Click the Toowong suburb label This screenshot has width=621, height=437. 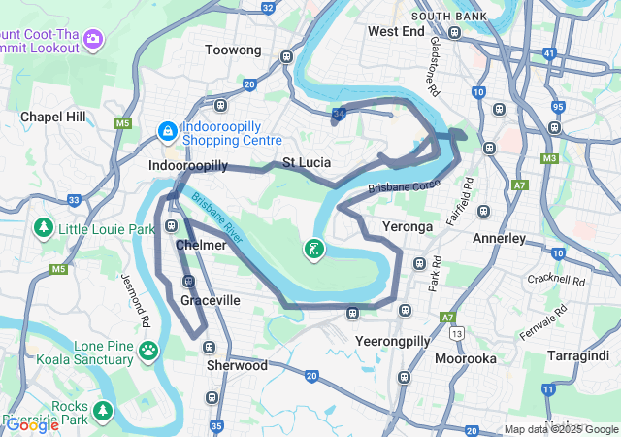(x=234, y=50)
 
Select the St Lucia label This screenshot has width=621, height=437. (x=307, y=162)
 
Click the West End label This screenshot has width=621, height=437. (x=396, y=31)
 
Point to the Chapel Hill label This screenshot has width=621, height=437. (x=53, y=117)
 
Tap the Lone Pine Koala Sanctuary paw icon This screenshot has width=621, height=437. (x=148, y=350)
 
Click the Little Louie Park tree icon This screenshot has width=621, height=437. (x=43, y=229)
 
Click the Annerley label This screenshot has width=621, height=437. (x=499, y=238)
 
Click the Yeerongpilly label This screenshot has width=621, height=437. (x=392, y=342)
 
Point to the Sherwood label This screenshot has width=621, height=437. (x=237, y=366)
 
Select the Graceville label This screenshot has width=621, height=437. (x=210, y=301)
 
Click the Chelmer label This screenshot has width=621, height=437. (x=201, y=245)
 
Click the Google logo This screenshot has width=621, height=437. (x=32, y=424)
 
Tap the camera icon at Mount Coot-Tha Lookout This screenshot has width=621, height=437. (x=93, y=39)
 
